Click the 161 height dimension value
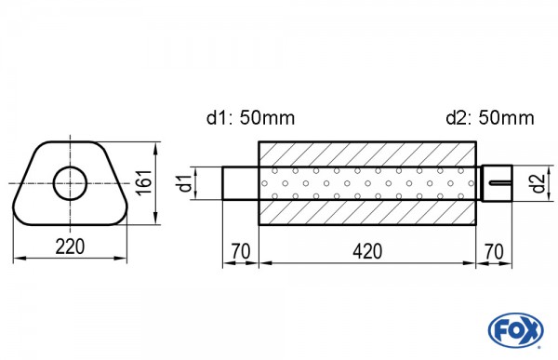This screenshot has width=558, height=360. point(141,182)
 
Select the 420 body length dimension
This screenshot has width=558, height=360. point(367,251)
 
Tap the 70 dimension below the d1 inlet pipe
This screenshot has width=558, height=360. point(240,251)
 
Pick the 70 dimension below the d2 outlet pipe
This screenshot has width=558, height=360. point(495,251)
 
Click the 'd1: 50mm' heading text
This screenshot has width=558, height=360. point(250,118)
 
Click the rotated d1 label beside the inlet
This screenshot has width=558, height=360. point(188,183)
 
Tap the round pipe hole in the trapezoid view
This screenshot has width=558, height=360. point(70,182)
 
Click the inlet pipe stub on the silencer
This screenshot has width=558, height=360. point(240,182)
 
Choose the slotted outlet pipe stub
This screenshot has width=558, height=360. point(497,182)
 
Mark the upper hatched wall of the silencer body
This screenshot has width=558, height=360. point(367,153)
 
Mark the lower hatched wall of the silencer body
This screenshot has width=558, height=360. point(367,212)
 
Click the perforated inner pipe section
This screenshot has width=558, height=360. point(367,182)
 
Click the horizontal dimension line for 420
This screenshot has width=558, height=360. point(367,263)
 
